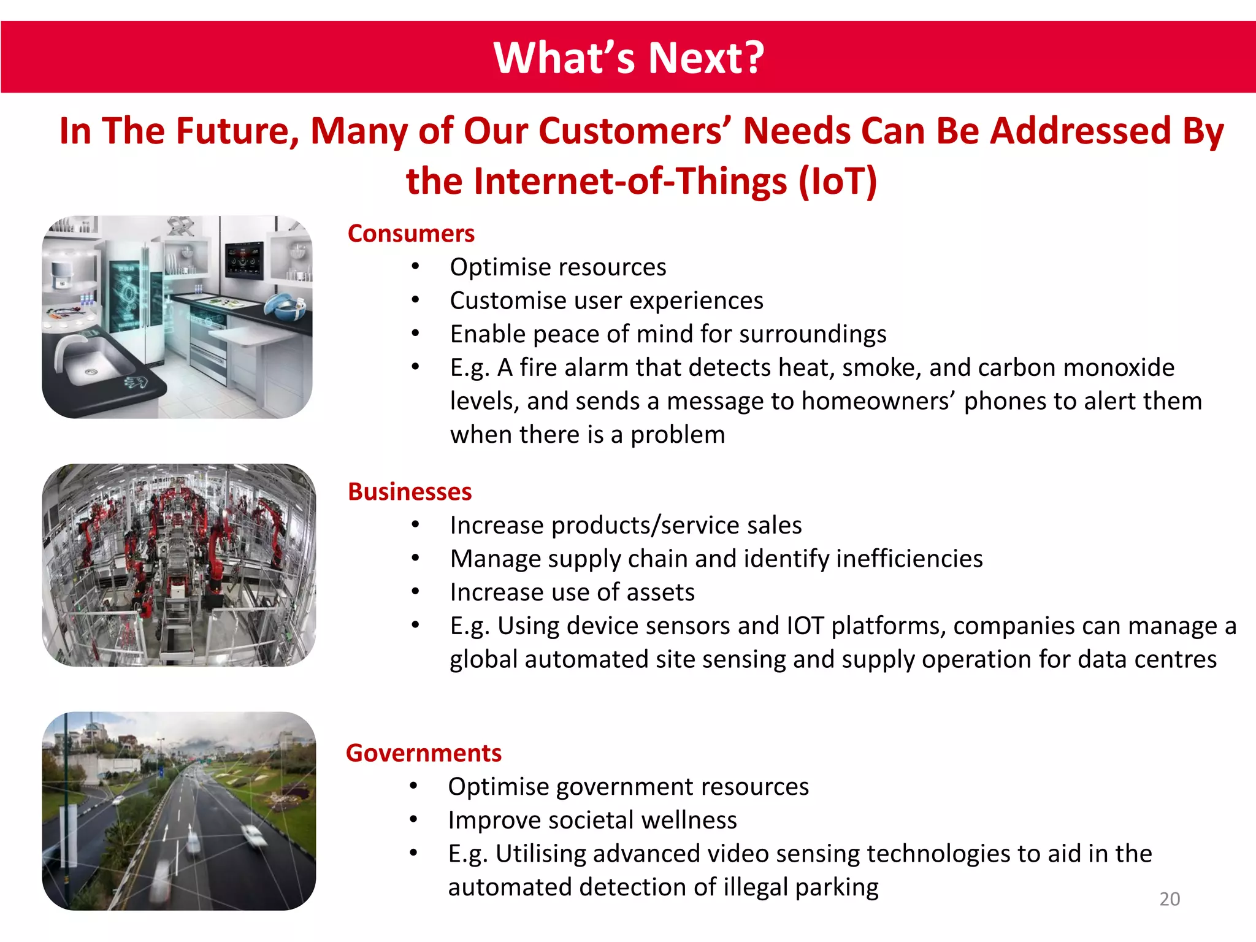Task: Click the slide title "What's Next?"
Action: pyautogui.click(x=629, y=58)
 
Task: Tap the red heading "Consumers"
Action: pyautogui.click(x=411, y=234)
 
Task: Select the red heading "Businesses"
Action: pyautogui.click(x=410, y=492)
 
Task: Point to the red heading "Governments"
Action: pyautogui.click(x=424, y=753)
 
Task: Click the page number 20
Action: pyautogui.click(x=1170, y=899)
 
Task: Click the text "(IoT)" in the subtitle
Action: pyautogui.click(x=838, y=182)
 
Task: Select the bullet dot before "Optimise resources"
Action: pyautogui.click(x=415, y=267)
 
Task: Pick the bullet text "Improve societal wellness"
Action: pyautogui.click(x=592, y=820)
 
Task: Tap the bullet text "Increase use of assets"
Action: pyautogui.click(x=572, y=592)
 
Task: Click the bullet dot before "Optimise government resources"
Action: pyautogui.click(x=413, y=786)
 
